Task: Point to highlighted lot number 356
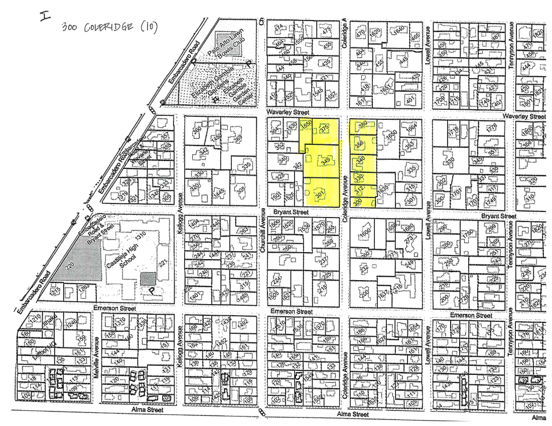(360, 144)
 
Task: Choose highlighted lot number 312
(359, 189)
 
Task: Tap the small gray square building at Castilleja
(148, 278)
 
